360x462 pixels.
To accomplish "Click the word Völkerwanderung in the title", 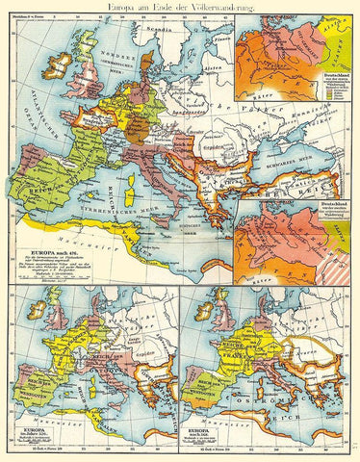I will pyautogui.click(x=216, y=9).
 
